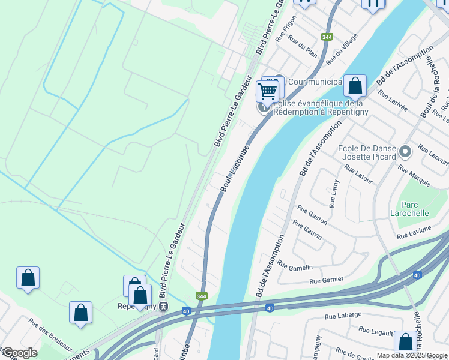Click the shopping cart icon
[x=267, y=91]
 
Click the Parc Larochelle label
[x=415, y=208]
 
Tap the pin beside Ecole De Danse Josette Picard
[x=405, y=152]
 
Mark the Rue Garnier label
[x=327, y=280]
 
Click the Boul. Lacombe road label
[x=234, y=168]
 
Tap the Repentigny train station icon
[x=163, y=306]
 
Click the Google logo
[x=19, y=353]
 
